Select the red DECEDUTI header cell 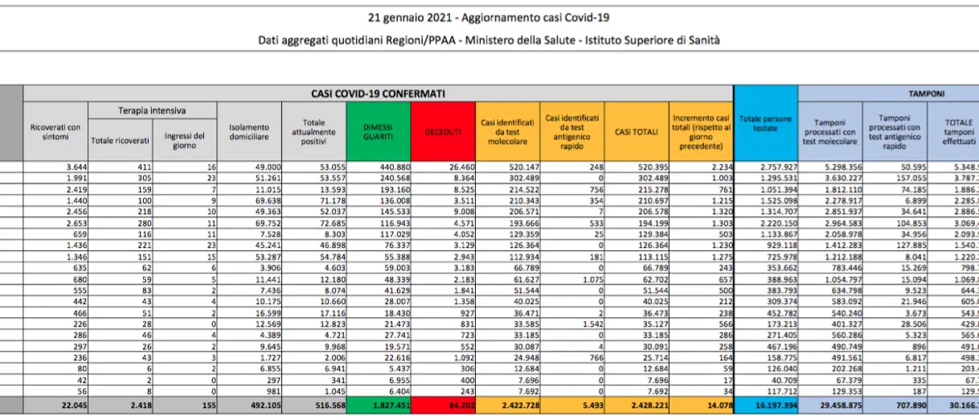(x=443, y=131)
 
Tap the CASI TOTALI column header (x=636, y=131)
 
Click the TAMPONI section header (x=926, y=93)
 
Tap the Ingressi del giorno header (x=184, y=140)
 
